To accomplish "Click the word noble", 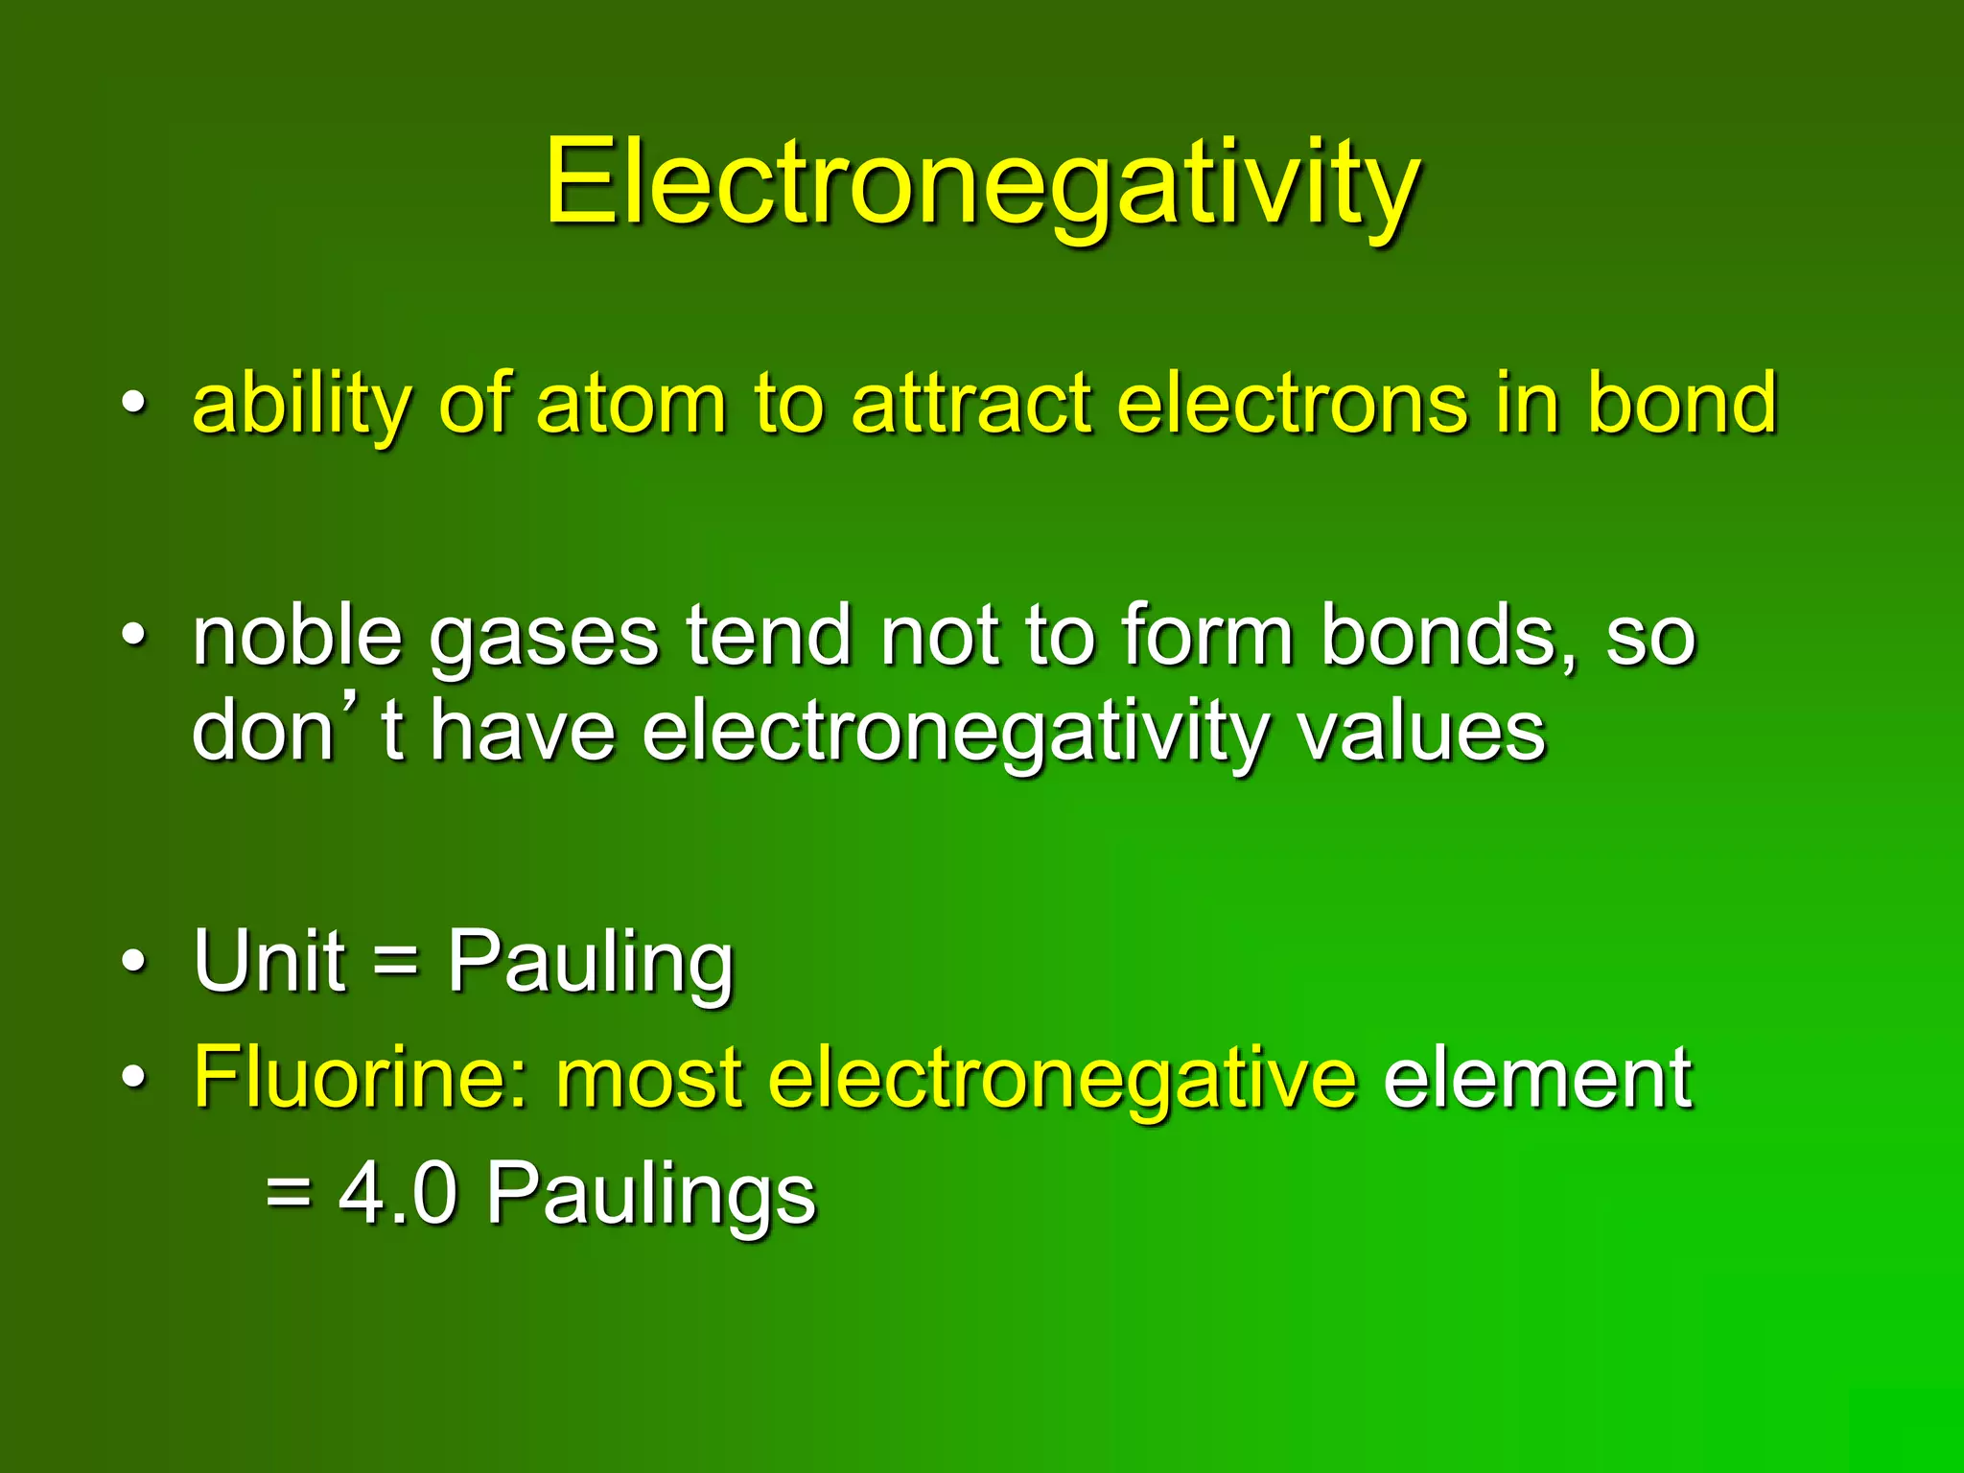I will (x=297, y=635).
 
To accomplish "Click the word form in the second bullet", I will (x=1208, y=635).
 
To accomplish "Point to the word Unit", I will (x=269, y=961).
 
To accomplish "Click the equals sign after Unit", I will (x=396, y=961).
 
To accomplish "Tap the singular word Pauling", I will (x=591, y=963).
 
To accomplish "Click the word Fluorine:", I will (x=361, y=1078).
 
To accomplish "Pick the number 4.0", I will (x=398, y=1193).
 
